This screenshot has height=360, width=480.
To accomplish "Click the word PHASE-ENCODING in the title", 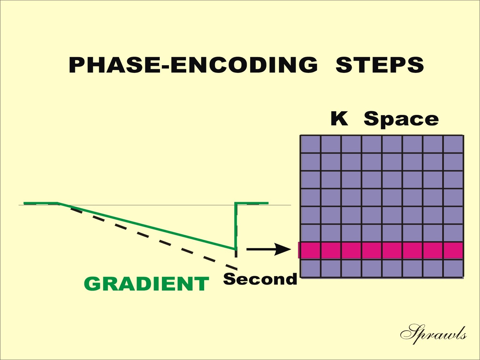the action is [193, 65].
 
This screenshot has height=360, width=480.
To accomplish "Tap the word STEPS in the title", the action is [380, 65].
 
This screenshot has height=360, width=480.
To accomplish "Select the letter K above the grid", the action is [339, 118].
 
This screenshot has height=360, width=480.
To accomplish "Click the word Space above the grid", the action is [401, 120].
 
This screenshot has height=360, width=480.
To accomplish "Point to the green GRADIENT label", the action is [146, 284].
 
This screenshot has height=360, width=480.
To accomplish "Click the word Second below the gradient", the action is [260, 279].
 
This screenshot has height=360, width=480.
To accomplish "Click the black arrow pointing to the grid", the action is [268, 249].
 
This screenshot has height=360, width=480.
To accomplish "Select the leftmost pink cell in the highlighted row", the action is [310, 251].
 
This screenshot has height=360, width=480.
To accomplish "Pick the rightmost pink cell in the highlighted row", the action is [453, 251].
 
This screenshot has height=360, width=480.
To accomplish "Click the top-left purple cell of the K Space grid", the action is [311, 144].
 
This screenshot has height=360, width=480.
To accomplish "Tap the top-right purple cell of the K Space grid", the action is [453, 144].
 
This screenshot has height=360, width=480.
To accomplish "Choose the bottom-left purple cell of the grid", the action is [311, 268].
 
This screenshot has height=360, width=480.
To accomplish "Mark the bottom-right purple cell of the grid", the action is [453, 268].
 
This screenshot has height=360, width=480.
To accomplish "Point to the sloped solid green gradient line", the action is [147, 226].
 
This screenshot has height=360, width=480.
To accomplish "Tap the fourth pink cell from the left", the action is [372, 251].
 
